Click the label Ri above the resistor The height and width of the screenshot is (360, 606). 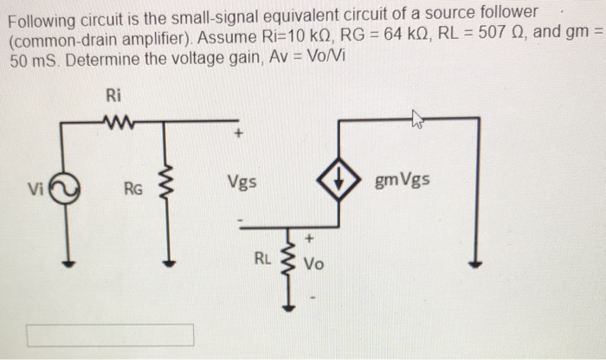(113, 94)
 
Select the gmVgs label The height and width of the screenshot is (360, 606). (402, 182)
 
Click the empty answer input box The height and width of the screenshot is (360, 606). (110, 335)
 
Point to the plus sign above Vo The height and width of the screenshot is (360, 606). (306, 236)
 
